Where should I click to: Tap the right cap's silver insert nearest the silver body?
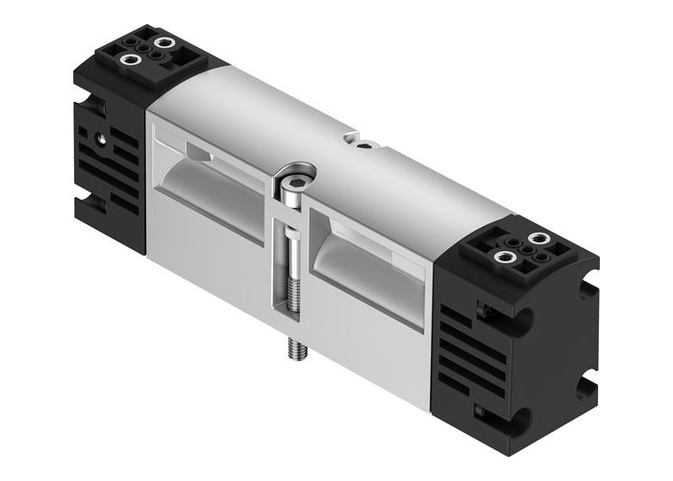(501, 255)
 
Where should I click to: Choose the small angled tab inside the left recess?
(196, 154)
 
